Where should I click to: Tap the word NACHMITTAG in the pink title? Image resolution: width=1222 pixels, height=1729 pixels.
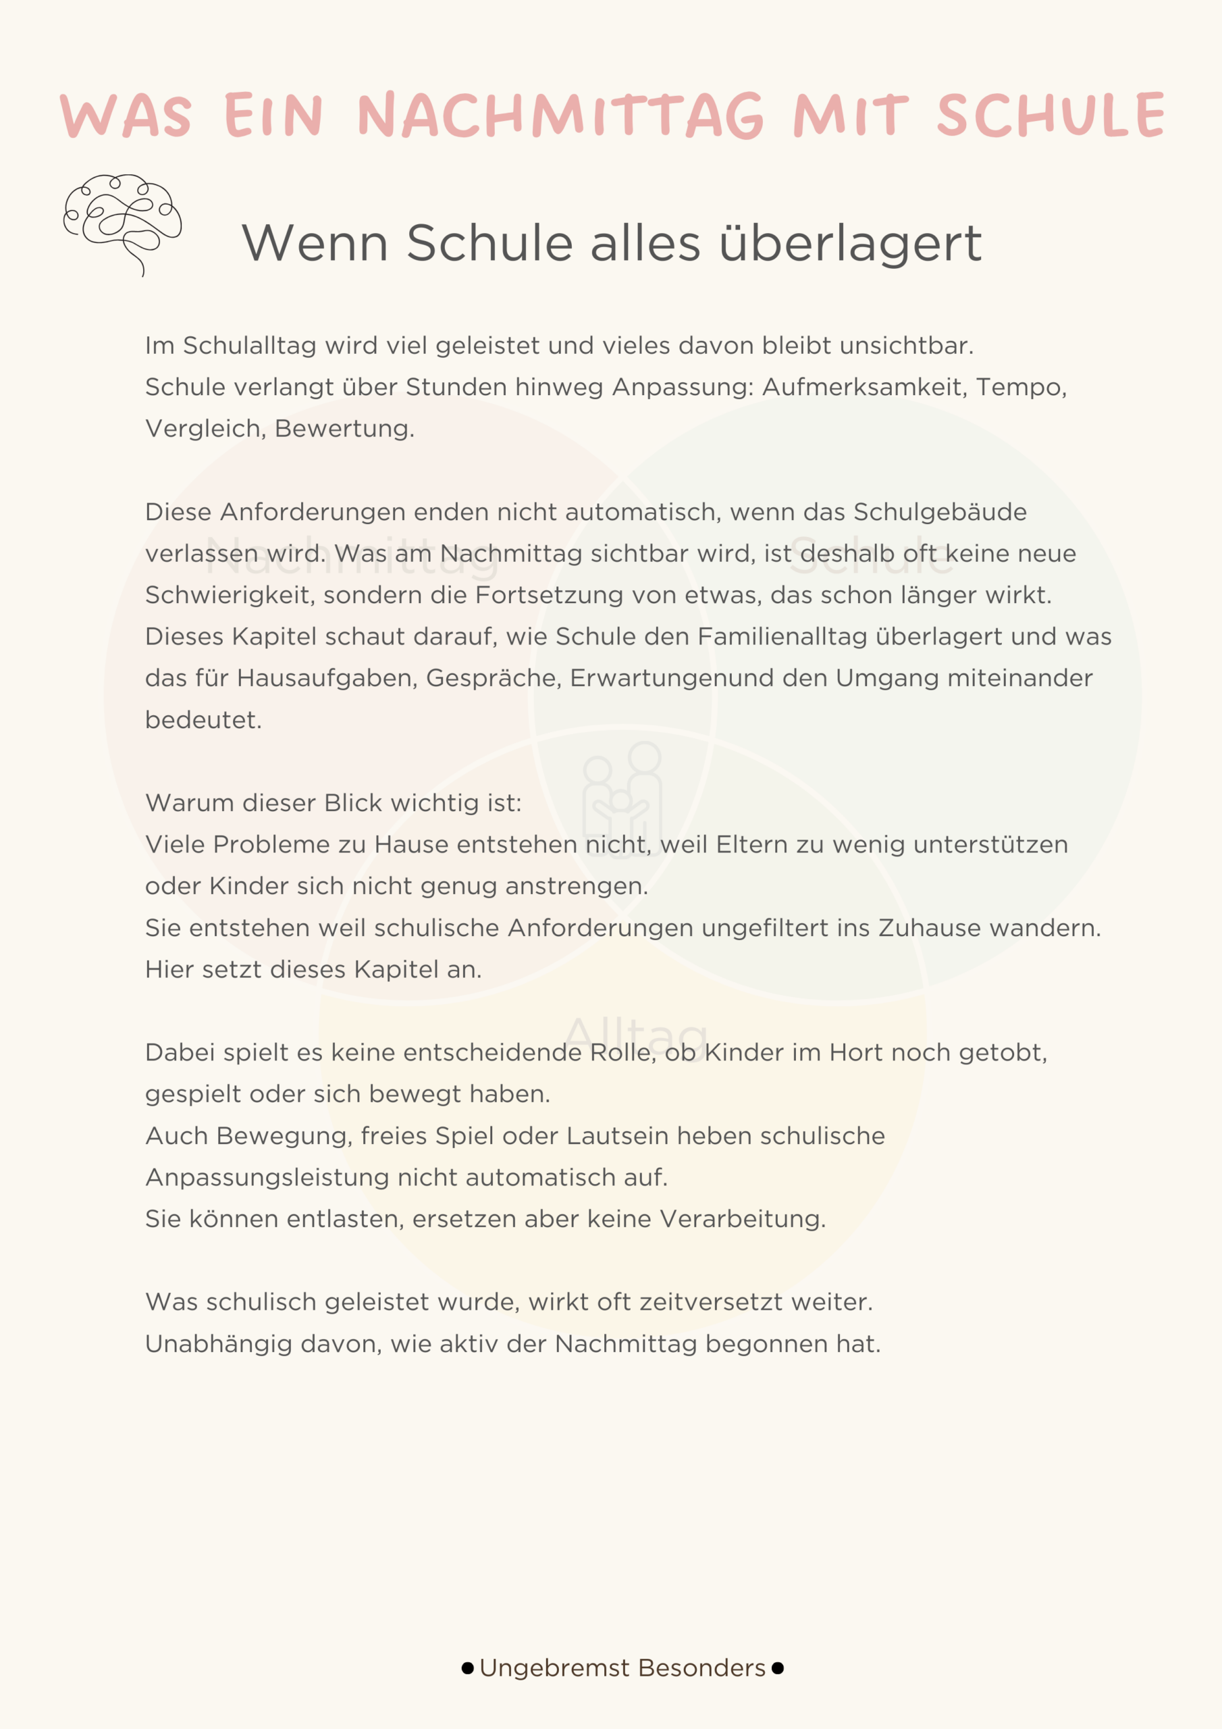pyautogui.click(x=561, y=116)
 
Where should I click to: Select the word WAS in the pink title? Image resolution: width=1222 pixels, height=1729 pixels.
pyautogui.click(x=126, y=117)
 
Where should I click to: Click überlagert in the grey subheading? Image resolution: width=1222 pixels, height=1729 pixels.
pyautogui.click(x=850, y=243)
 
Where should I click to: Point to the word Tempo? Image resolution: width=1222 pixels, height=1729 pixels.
pyautogui.click(x=1020, y=387)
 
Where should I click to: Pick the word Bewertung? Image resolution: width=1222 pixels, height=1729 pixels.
pyautogui.click(x=344, y=428)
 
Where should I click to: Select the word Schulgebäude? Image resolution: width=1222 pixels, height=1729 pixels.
pyautogui.click(x=940, y=512)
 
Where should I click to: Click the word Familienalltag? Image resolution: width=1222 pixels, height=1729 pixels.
pyautogui.click(x=782, y=636)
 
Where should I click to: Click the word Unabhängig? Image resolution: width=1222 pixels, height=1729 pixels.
pyautogui.click(x=218, y=1344)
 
